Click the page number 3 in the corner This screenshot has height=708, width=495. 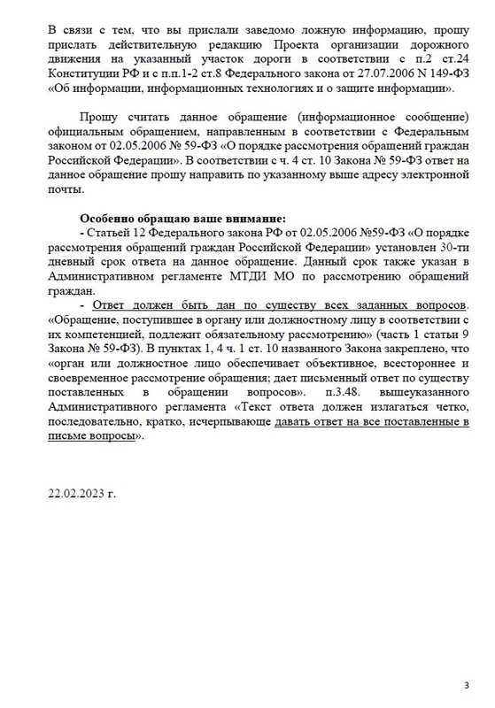(467, 684)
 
